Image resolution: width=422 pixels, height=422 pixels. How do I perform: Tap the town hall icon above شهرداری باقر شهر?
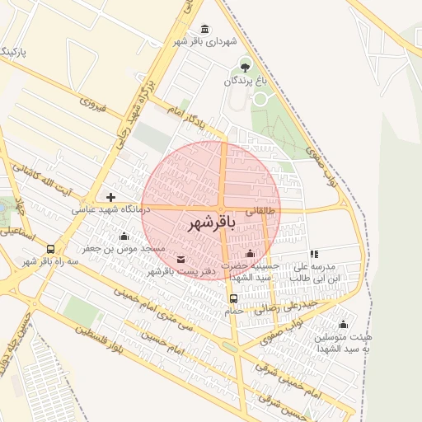click(204, 30)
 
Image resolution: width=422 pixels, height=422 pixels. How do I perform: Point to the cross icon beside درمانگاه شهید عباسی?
click(110, 197)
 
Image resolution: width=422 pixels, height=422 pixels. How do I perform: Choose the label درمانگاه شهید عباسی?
click(110, 210)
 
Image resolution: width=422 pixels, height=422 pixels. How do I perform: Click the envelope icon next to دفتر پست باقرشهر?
click(181, 260)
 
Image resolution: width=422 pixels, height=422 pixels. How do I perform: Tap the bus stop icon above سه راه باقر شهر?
click(51, 249)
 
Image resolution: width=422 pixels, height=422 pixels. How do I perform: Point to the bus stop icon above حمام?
click(233, 298)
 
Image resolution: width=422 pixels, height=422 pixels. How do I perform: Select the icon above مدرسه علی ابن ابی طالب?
click(313, 255)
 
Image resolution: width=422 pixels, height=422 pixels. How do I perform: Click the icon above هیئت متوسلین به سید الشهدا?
click(344, 324)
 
